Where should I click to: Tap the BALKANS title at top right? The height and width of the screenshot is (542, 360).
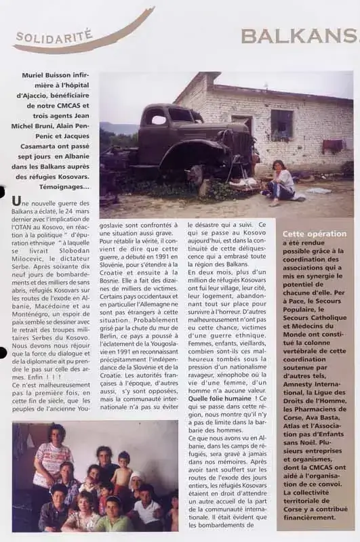point(299,36)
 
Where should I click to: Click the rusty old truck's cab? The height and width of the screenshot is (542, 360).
point(169,122)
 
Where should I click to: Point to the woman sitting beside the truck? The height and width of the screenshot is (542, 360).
point(280,181)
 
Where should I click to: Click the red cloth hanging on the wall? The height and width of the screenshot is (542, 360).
point(332,145)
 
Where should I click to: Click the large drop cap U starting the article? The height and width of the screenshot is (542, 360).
point(16,203)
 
